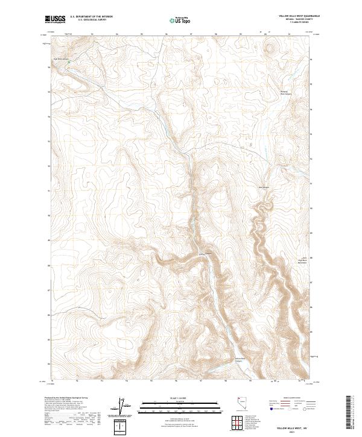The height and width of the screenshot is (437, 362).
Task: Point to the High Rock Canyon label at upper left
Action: point(62,59)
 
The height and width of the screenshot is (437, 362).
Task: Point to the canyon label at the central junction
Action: point(206,253)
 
